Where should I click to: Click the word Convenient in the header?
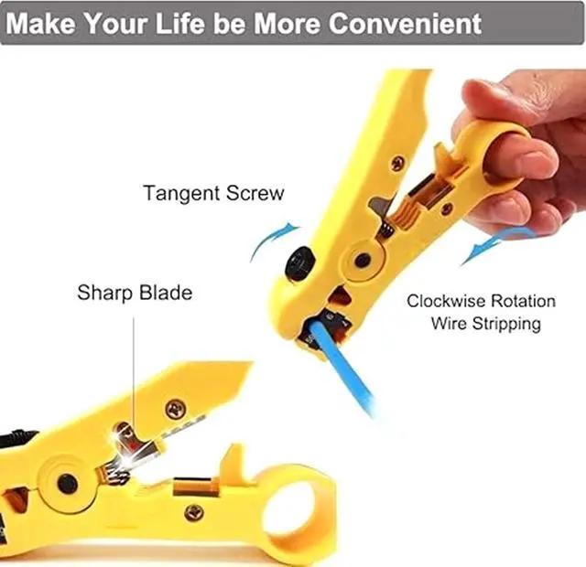click(404, 23)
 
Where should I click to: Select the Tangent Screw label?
click(213, 194)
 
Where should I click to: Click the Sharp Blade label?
click(135, 293)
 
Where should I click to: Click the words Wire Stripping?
click(485, 324)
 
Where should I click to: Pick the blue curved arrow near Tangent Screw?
click(274, 239)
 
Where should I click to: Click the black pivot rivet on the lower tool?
click(66, 482)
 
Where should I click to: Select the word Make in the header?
click(44, 23)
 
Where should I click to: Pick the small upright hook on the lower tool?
click(235, 458)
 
